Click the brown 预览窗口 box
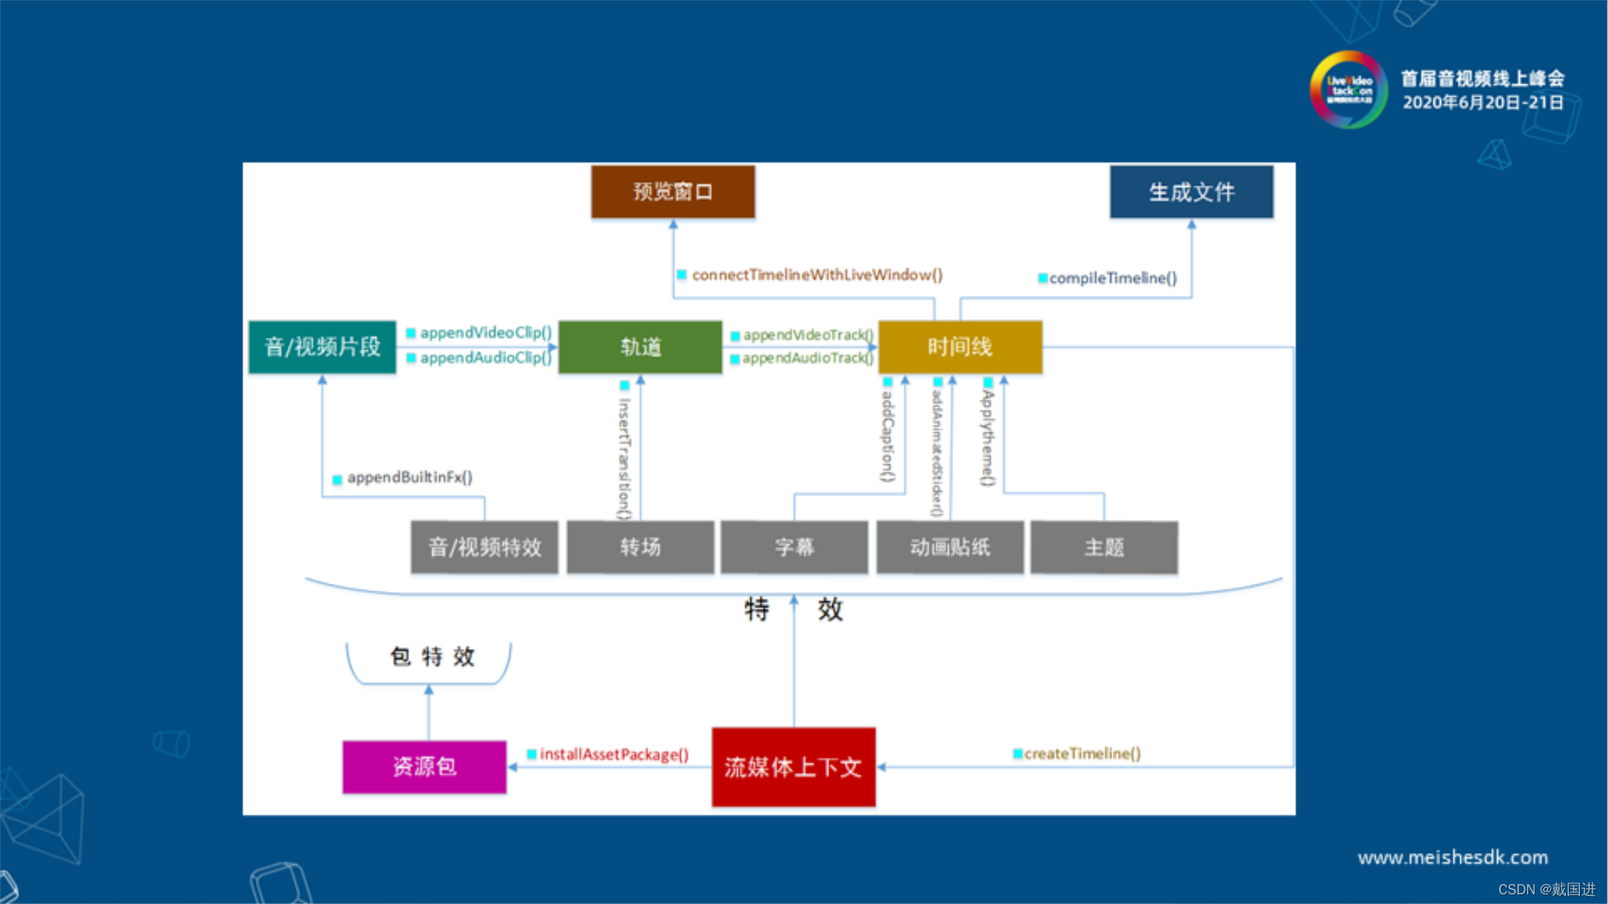tap(673, 191)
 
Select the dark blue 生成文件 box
tap(1191, 192)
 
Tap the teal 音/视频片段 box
tap(322, 347)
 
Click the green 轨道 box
tap(640, 347)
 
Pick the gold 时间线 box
tap(960, 347)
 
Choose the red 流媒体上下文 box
tap(793, 767)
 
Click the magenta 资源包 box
tap(424, 767)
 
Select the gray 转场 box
tap(640, 547)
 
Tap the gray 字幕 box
tap(794, 547)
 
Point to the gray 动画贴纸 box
tap(950, 547)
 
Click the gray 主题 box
tap(1104, 547)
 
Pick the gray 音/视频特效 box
tap(484, 547)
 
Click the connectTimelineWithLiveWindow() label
tap(817, 275)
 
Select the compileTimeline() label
tap(1113, 278)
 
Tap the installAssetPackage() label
tap(614, 754)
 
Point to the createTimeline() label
tap(1082, 753)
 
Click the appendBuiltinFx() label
tap(410, 478)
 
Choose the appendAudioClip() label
tap(486, 358)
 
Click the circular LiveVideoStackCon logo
tap(1349, 89)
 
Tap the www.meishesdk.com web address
tap(1453, 857)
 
